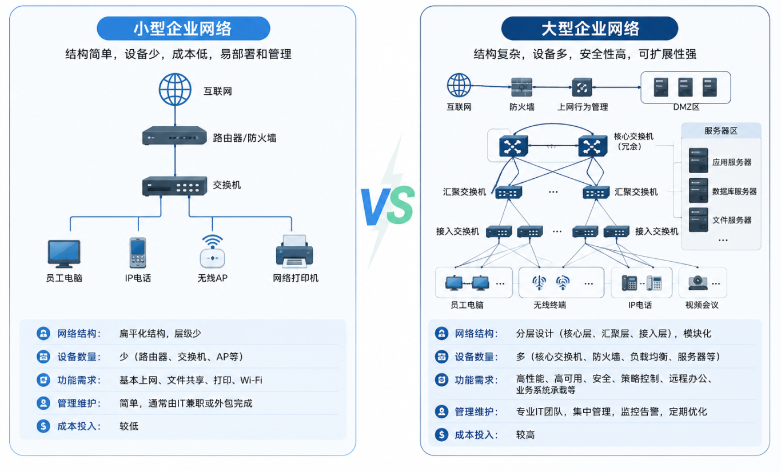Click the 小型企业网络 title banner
[x=183, y=28]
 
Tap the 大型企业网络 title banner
[x=589, y=28]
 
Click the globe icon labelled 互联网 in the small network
[x=175, y=90]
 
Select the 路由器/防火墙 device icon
[x=174, y=136]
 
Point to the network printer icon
[x=294, y=252]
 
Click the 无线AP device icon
[x=212, y=252]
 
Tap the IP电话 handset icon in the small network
[x=137, y=253]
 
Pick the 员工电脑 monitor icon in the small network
[x=64, y=253]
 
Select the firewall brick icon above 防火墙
[x=521, y=87]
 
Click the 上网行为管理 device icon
[x=582, y=87]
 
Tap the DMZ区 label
[x=686, y=107]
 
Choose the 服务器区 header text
[x=721, y=131]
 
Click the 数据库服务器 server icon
[x=698, y=191]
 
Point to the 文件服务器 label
[x=732, y=220]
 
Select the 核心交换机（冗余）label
[x=633, y=141]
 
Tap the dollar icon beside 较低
[x=43, y=426]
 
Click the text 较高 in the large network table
[x=525, y=435]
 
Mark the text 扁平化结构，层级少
[x=160, y=334]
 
